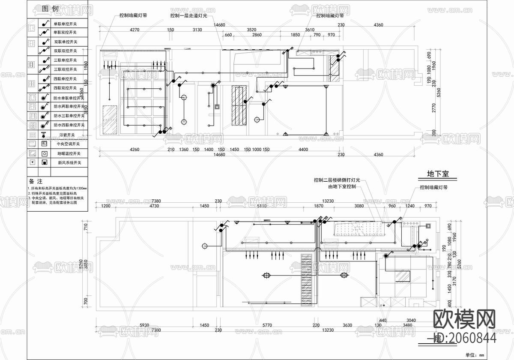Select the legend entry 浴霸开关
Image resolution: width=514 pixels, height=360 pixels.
[x=66, y=135]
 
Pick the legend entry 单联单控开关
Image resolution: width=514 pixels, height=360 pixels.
[x=65, y=23]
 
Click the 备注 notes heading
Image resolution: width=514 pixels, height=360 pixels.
[x=34, y=181]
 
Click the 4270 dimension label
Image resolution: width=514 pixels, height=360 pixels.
[x=134, y=30]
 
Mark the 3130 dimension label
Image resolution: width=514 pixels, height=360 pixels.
[x=197, y=30]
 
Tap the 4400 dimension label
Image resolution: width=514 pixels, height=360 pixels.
[x=303, y=150]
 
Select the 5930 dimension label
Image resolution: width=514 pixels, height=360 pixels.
[x=144, y=325]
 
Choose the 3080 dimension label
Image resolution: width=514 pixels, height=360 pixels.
[x=359, y=206]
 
